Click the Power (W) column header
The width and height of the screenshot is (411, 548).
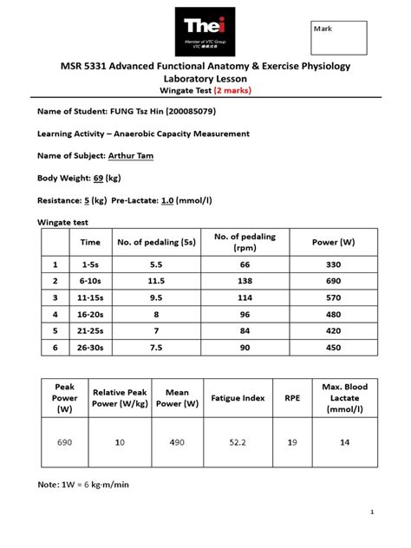pos(335,242)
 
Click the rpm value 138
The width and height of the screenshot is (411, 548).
pos(245,283)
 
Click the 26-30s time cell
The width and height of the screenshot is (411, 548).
pos(91,348)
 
